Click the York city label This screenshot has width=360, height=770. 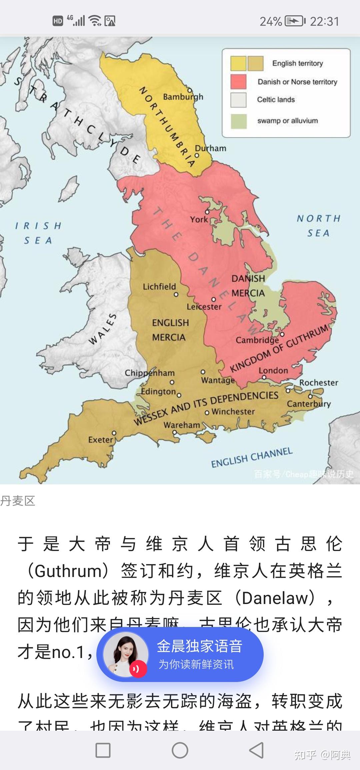pyautogui.click(x=199, y=219)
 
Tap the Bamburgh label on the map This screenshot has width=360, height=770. pyautogui.click(x=183, y=97)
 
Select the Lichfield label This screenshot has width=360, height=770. pyautogui.click(x=159, y=287)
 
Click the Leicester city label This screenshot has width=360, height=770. pyautogui.click(x=204, y=307)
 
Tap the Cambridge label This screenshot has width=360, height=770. pyautogui.click(x=257, y=340)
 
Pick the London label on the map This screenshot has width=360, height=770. pyautogui.click(x=273, y=370)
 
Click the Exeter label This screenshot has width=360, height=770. pyautogui.click(x=101, y=440)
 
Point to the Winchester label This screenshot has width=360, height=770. pyautogui.click(x=233, y=412)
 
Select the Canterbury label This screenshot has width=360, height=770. pyautogui.click(x=309, y=404)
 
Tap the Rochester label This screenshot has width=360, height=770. pyautogui.click(x=319, y=383)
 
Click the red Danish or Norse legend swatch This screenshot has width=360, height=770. pyautogui.click(x=238, y=82)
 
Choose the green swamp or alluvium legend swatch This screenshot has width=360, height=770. pyautogui.click(x=238, y=121)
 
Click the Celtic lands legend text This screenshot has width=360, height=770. pyautogui.click(x=276, y=100)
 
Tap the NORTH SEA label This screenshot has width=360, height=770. pyautogui.click(x=318, y=226)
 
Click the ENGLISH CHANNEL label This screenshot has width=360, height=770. pyautogui.click(x=252, y=458)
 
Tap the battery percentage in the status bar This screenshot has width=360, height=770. pyautogui.click(x=271, y=22)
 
